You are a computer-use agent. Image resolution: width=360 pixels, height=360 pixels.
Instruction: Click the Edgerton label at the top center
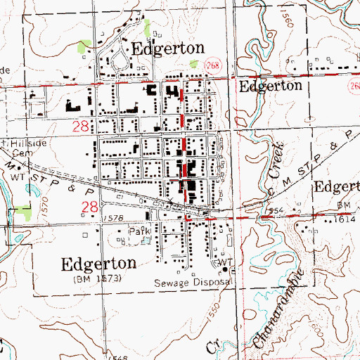click(168, 49)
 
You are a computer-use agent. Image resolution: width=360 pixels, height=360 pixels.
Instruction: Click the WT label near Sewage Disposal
click(224, 263)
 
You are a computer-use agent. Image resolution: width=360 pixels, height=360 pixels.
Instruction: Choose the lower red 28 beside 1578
click(90, 207)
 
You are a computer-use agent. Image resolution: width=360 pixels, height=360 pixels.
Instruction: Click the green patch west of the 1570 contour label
click(25, 210)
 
